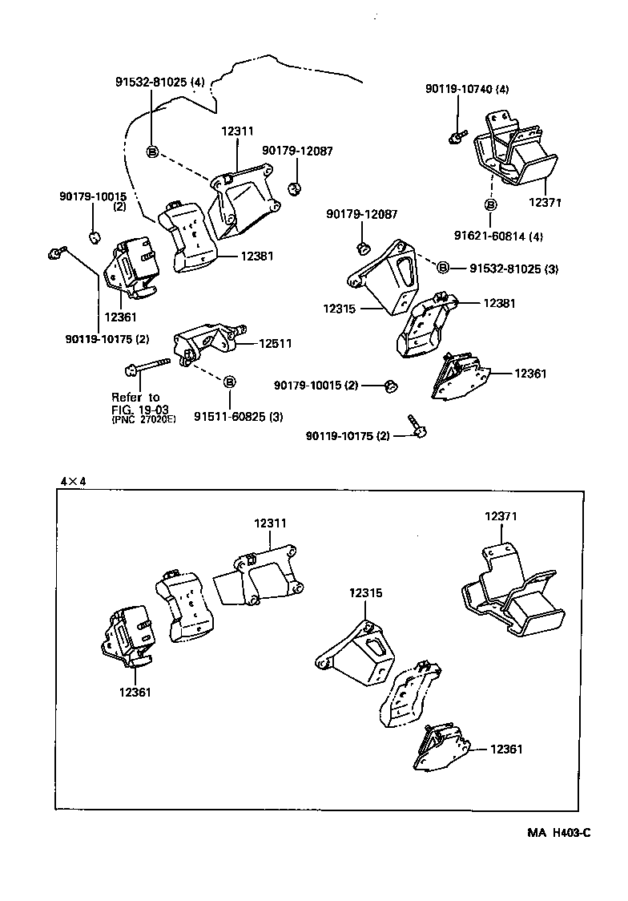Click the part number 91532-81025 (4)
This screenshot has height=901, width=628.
(x=159, y=82)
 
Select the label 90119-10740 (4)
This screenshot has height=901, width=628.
(x=466, y=90)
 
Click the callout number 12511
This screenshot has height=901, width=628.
(x=275, y=343)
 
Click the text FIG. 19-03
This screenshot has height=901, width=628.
(x=141, y=408)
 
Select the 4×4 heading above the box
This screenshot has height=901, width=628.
(x=72, y=481)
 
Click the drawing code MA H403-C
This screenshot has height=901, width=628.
(x=558, y=833)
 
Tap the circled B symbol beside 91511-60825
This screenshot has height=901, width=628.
(x=229, y=381)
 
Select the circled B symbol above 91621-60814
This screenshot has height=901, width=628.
(x=489, y=204)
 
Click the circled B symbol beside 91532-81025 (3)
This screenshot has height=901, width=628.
(x=442, y=267)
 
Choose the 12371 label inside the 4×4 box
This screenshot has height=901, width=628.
(x=500, y=517)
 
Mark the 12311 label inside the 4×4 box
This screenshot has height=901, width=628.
(x=270, y=523)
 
